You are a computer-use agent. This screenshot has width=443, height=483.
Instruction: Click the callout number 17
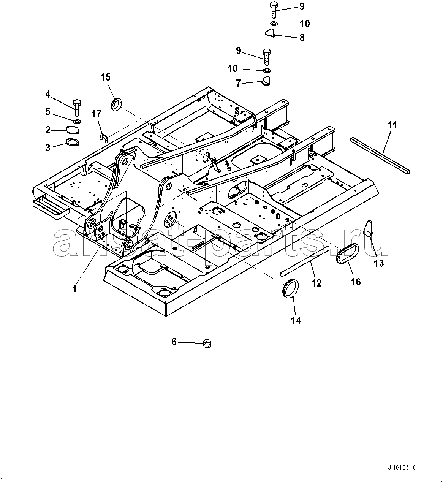pyautogui.click(x=96, y=114)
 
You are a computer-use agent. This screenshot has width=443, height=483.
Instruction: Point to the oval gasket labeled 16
pyautogui.click(x=347, y=253)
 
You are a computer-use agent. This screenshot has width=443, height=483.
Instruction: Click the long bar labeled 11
pyautogui.click(x=380, y=155)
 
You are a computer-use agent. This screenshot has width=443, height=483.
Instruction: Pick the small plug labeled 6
pyautogui.click(x=207, y=343)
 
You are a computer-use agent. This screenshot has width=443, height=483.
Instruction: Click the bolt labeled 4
pyautogui.click(x=77, y=108)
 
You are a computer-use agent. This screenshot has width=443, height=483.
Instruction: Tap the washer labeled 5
pyautogui.click(x=77, y=121)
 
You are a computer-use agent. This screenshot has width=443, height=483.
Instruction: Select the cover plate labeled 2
pyautogui.click(x=73, y=130)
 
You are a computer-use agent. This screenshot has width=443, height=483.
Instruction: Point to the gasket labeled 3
pyautogui.click(x=73, y=142)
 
